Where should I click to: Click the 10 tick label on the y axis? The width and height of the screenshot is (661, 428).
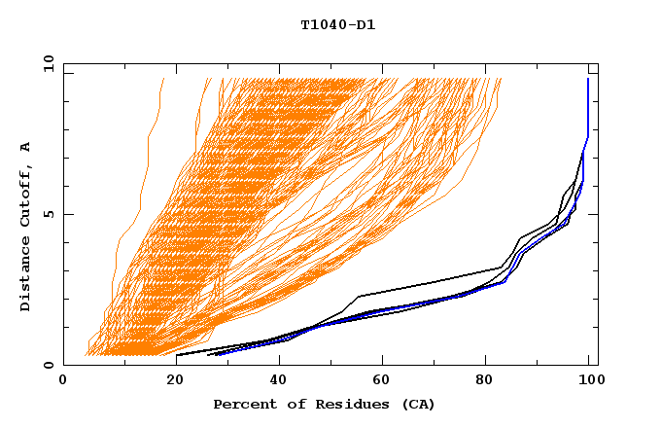[46, 63]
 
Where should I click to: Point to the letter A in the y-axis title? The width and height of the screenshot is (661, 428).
[25, 147]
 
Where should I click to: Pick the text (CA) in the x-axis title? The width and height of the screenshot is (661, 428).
[412, 404]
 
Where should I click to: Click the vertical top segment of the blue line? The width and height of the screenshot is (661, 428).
[588, 107]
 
